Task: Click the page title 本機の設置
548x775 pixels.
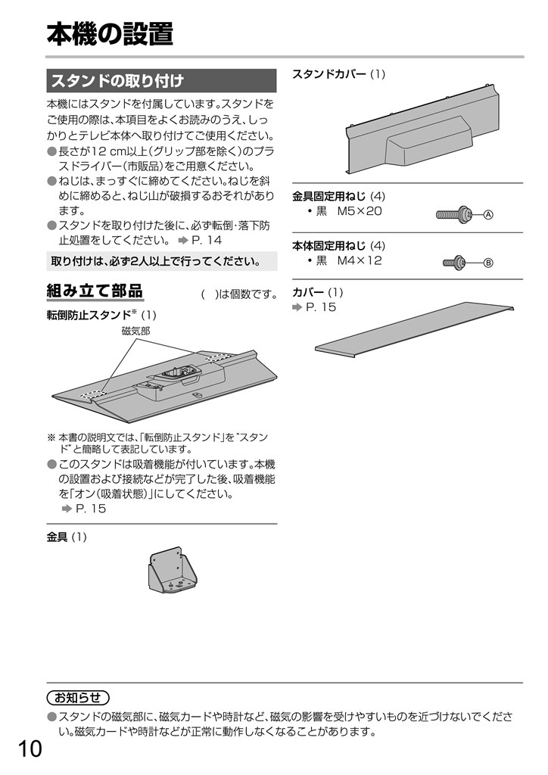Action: click(x=110, y=34)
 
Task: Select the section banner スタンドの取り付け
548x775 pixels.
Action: click(x=161, y=80)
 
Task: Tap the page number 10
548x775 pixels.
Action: click(x=30, y=749)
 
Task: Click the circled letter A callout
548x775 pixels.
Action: click(x=488, y=214)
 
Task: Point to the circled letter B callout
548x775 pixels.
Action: click(x=488, y=263)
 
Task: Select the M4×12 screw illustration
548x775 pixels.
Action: click(x=454, y=263)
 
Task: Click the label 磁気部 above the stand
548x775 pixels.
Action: click(x=135, y=331)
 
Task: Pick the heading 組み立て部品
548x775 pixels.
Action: click(x=95, y=291)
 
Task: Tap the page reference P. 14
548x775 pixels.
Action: click(x=207, y=241)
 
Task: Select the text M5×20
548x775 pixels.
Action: click(x=360, y=211)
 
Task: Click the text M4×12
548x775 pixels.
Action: click(x=360, y=260)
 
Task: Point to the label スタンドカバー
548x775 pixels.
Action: click(x=329, y=74)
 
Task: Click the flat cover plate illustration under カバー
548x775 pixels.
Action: click(x=414, y=329)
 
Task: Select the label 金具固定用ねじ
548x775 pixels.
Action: click(x=329, y=196)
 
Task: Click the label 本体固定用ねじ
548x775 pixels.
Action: click(x=329, y=246)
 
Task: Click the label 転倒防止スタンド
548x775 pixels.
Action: click(x=89, y=315)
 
